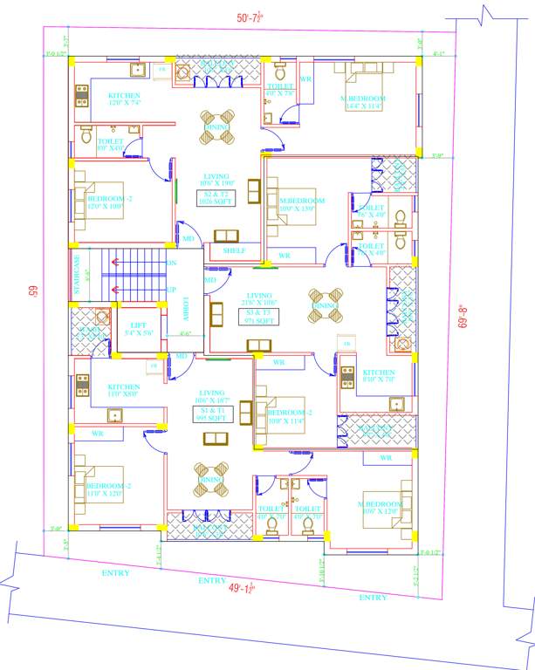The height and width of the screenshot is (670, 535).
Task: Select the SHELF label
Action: [x=234, y=251]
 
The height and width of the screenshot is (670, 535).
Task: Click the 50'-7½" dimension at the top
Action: [x=254, y=17]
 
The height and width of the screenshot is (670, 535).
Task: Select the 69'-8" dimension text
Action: [x=464, y=316]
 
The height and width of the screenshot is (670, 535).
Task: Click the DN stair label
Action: [x=172, y=263]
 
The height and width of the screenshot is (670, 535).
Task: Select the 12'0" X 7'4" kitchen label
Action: [x=124, y=99]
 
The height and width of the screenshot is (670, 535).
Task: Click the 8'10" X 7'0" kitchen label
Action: [x=379, y=376]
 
